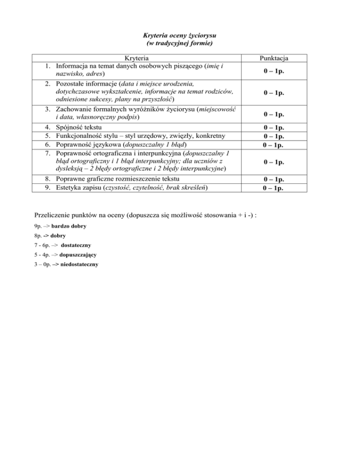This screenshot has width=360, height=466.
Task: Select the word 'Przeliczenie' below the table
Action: point(55,215)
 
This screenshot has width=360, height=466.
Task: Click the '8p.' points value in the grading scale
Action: point(39,235)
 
